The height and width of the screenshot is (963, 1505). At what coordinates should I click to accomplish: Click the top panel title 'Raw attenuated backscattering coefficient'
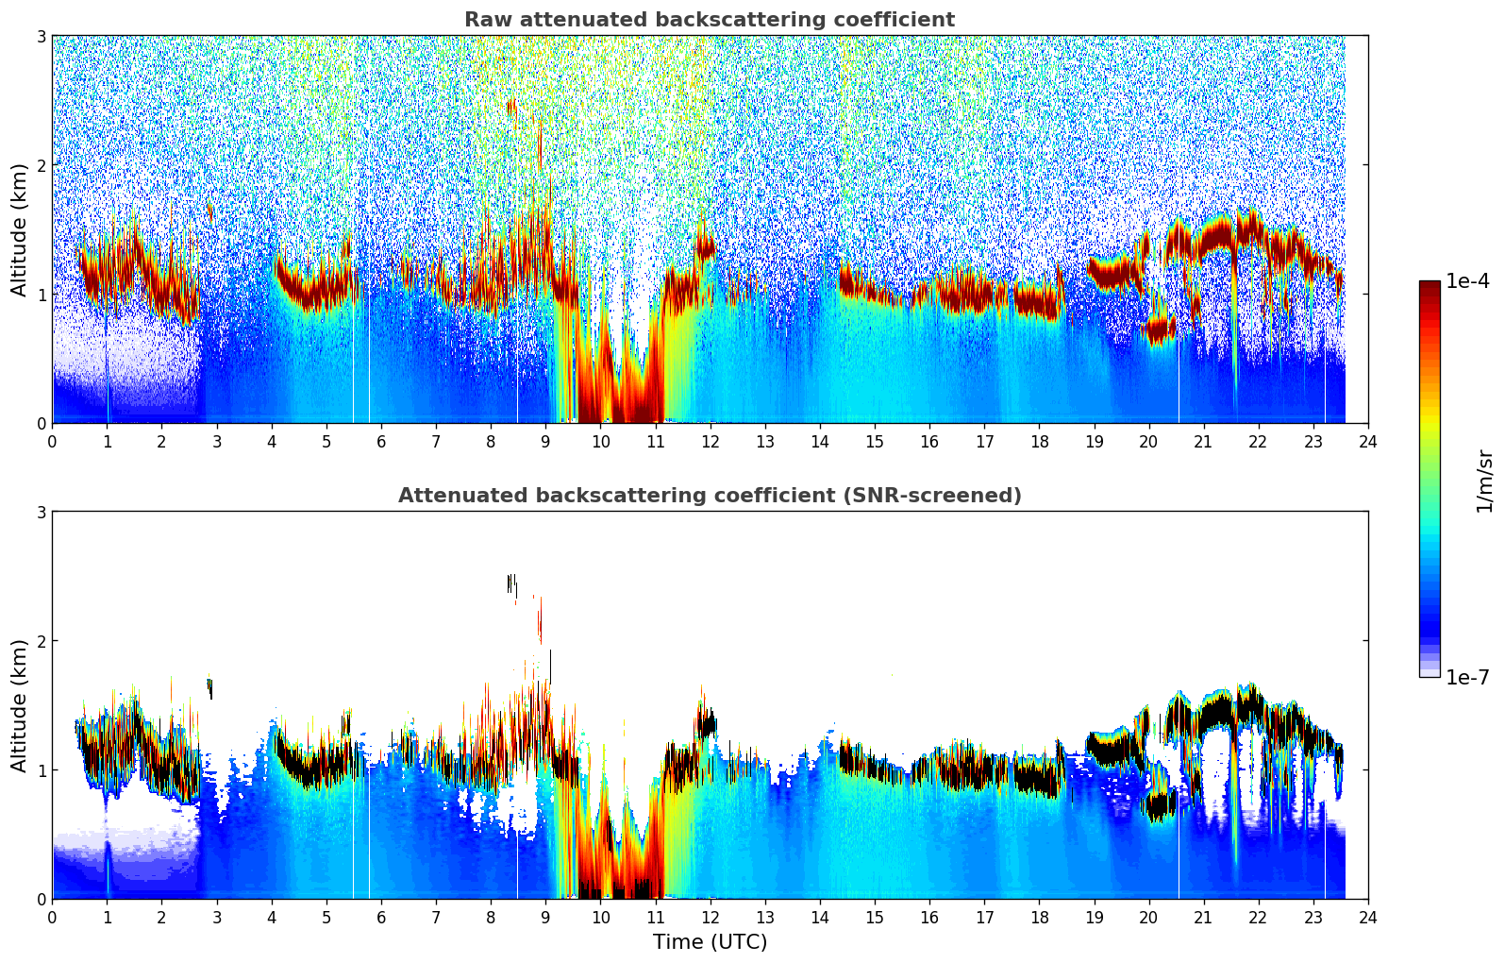[709, 20]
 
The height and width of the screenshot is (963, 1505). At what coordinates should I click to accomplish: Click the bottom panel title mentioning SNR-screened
[709, 496]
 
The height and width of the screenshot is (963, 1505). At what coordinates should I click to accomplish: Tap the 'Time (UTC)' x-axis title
[710, 942]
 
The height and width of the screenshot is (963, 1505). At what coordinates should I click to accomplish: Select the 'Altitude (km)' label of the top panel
[19, 229]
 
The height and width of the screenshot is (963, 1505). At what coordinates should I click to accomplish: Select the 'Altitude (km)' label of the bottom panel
[19, 705]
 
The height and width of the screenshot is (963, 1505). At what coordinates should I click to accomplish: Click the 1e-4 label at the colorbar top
[1467, 281]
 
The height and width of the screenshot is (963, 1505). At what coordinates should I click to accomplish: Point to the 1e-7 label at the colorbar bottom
[1467, 677]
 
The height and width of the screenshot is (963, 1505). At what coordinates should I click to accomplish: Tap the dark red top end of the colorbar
[1429, 286]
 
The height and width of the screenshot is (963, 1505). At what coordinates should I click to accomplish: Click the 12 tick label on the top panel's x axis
[710, 442]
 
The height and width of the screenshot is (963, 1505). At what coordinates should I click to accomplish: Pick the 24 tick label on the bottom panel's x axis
[1367, 918]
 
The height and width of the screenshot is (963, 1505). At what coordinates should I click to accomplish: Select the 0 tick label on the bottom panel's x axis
[52, 918]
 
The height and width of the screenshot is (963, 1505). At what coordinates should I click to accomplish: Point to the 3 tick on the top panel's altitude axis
[41, 36]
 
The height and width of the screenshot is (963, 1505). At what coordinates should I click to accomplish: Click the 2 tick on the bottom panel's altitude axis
[41, 641]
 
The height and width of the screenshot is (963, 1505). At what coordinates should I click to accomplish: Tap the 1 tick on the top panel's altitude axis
[41, 295]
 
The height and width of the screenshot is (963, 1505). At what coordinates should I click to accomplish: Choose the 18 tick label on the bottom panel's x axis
[1039, 918]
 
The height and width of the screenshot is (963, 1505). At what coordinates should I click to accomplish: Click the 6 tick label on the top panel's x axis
[381, 442]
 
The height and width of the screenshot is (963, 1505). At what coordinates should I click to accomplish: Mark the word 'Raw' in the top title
[485, 20]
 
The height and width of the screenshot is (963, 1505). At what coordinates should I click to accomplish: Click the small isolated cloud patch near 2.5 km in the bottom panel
[511, 583]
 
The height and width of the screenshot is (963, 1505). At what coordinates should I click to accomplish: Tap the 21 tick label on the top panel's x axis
[1203, 442]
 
